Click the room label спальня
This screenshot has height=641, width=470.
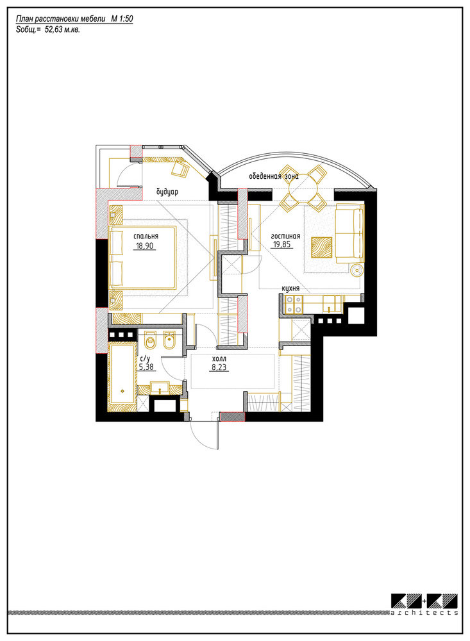click(x=146, y=237)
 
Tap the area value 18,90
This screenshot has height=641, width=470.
click(x=144, y=246)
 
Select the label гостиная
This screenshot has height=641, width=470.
click(x=285, y=236)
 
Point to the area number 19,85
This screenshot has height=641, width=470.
click(x=282, y=245)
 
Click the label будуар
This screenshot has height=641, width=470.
click(x=167, y=192)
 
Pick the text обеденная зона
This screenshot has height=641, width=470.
click(x=274, y=176)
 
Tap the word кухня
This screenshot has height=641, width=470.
click(x=290, y=288)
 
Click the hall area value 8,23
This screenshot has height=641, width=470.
click(x=219, y=367)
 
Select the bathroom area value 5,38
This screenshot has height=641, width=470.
click(x=146, y=367)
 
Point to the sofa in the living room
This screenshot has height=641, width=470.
click(x=349, y=233)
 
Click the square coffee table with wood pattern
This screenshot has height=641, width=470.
click(x=321, y=247)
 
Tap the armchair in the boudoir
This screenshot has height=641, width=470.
click(x=180, y=169)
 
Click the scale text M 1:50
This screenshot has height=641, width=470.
click(x=122, y=19)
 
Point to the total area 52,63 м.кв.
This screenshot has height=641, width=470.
click(x=62, y=29)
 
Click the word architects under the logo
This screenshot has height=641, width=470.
click(x=424, y=612)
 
